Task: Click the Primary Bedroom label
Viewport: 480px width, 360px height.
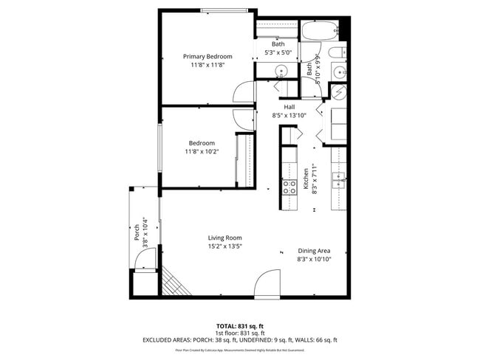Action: tap(208, 57)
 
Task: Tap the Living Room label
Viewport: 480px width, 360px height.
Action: tap(224, 238)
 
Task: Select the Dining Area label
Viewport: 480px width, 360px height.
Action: tap(314, 251)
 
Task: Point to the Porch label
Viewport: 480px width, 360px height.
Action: tap(137, 233)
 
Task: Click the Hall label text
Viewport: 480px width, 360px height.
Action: tap(289, 107)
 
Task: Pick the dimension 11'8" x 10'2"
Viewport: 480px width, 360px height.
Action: tap(201, 151)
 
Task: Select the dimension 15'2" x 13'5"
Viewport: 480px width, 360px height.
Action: tap(224, 246)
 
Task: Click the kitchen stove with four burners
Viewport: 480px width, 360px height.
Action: tap(289, 186)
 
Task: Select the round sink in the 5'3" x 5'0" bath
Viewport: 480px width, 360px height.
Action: tap(280, 72)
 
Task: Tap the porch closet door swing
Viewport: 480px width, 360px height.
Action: tap(146, 259)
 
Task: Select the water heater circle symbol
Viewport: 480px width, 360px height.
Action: tap(338, 93)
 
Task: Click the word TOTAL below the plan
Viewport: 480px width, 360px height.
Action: tap(225, 325)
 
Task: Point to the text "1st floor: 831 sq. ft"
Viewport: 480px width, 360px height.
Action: tap(240, 333)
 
